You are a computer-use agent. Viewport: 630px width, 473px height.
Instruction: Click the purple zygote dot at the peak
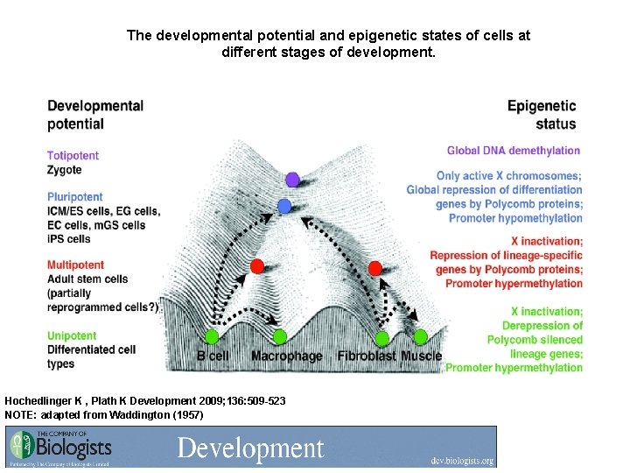point(292,180)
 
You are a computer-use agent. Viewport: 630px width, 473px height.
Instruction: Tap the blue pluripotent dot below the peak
point(283,207)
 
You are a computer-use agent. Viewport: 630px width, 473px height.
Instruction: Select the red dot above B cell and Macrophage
point(256,266)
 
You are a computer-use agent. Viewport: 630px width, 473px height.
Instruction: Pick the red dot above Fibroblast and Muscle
point(375,267)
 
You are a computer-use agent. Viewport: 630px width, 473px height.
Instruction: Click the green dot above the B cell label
point(211,336)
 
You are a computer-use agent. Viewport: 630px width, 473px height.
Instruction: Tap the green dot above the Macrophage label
point(279,336)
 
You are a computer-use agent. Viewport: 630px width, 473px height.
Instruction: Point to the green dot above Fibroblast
point(382,337)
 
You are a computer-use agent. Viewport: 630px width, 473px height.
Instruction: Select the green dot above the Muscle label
point(420,336)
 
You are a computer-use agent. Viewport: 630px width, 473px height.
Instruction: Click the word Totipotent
point(73,156)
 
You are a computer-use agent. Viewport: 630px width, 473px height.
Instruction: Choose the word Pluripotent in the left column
point(75,197)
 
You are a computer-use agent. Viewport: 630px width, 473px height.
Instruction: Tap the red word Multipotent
point(75,265)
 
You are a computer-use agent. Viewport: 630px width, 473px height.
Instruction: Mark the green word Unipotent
point(72,335)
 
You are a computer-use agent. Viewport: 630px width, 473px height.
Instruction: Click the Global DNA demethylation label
point(514,151)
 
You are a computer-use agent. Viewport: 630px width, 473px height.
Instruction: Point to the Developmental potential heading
point(95,115)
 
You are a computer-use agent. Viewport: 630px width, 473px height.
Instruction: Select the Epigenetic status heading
point(542,115)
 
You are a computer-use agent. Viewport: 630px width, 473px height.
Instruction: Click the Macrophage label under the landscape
point(286,357)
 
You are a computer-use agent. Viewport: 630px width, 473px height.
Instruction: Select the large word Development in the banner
point(250,448)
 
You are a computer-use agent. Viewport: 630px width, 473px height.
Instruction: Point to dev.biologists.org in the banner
point(462,460)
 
